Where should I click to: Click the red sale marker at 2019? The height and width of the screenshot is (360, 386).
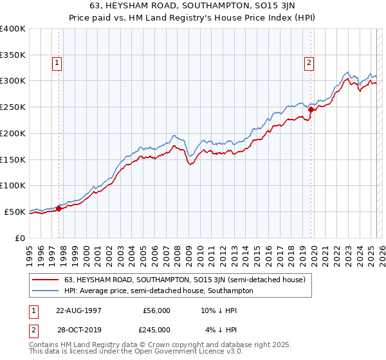pyautogui.click(x=311, y=109)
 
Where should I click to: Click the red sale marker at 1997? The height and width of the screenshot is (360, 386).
pyautogui.click(x=59, y=208)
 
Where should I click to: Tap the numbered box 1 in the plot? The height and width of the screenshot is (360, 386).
pyautogui.click(x=57, y=62)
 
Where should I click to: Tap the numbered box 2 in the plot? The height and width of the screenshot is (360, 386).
pyautogui.click(x=309, y=62)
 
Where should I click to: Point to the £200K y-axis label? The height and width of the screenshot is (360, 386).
pyautogui.click(x=13, y=133)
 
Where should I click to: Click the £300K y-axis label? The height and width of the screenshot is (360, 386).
pyautogui.click(x=13, y=81)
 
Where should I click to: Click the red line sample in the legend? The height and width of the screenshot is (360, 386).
pyautogui.click(x=46, y=280)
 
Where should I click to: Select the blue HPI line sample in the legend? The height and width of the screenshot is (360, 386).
pyautogui.click(x=46, y=291)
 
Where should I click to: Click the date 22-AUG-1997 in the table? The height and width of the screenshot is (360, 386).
pyautogui.click(x=77, y=310)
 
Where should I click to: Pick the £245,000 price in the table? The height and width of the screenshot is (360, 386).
pyautogui.click(x=156, y=329)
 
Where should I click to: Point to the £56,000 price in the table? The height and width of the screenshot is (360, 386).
pyautogui.click(x=156, y=310)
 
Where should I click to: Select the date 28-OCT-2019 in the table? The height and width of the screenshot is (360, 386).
pyautogui.click(x=77, y=329)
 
